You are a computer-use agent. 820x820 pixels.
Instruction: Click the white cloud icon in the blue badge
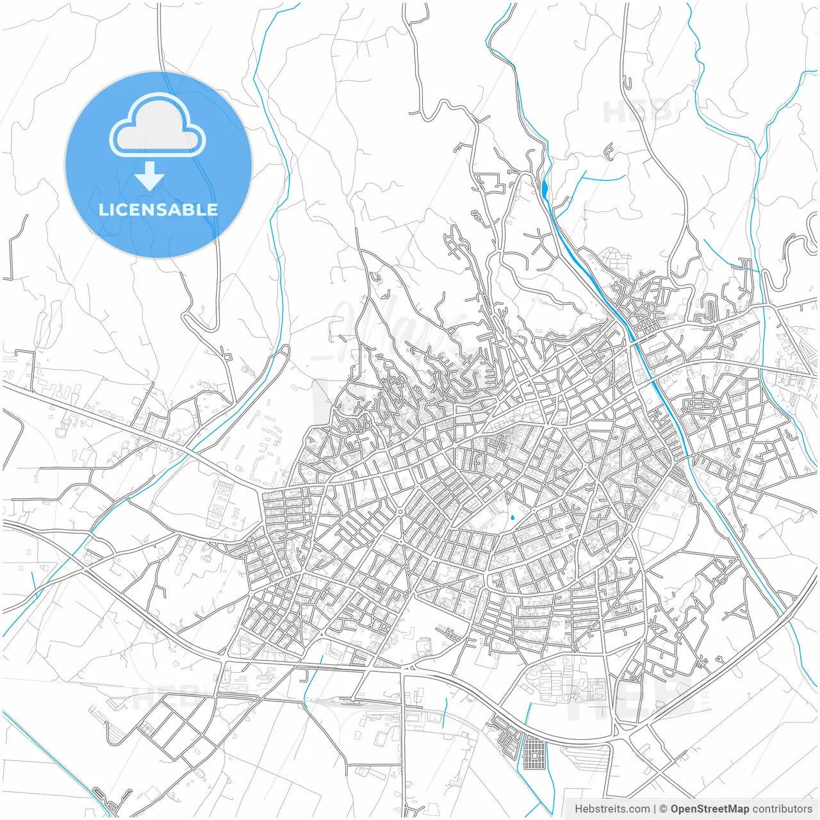tap(158, 124)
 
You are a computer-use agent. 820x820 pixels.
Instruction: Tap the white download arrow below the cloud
tap(150, 176)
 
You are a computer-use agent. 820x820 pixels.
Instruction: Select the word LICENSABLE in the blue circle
tap(158, 209)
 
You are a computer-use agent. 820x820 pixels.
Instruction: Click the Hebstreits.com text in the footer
tap(612, 809)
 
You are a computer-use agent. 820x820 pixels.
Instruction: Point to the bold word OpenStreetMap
tap(710, 809)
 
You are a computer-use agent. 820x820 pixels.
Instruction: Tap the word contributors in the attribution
tap(782, 809)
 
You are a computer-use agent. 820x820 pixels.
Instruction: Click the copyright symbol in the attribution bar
tap(664, 809)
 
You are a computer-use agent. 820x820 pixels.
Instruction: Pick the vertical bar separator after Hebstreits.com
tap(655, 809)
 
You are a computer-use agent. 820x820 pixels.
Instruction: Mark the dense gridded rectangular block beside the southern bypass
tap(534, 754)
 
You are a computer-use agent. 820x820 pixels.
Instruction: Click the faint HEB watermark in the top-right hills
tap(637, 112)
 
